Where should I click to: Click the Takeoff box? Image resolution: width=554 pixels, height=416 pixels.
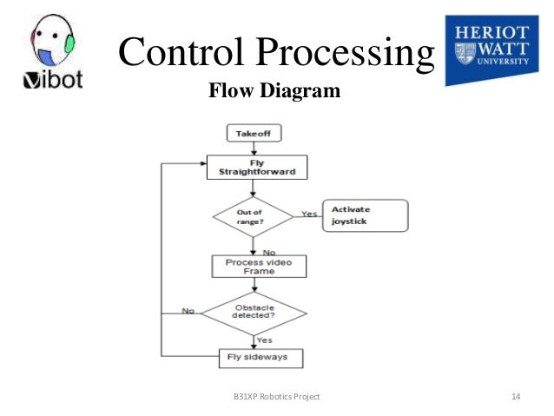(x=254, y=134)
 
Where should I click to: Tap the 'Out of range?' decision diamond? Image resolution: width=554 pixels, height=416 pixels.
(x=254, y=215)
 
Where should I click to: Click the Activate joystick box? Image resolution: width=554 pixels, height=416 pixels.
(x=364, y=215)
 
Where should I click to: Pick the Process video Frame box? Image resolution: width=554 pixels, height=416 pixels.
(x=259, y=266)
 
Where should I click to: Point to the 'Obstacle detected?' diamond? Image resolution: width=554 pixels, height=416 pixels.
(x=255, y=312)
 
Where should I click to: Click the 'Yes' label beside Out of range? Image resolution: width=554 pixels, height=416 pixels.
(x=308, y=213)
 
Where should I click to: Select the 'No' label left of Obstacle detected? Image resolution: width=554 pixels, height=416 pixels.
(x=187, y=310)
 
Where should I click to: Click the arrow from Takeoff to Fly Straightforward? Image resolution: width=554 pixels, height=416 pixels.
(x=254, y=149)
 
